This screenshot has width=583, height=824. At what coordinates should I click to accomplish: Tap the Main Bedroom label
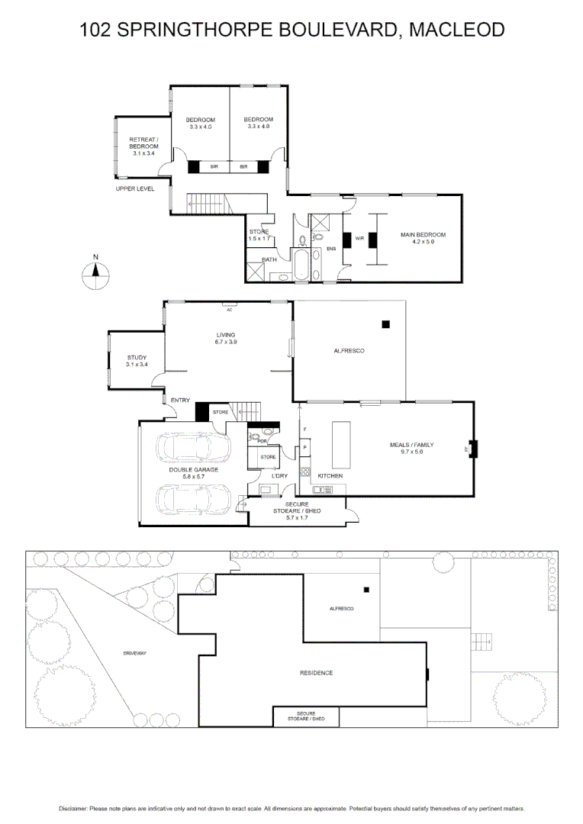(x=423, y=235)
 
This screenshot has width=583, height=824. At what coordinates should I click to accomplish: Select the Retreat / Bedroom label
(x=143, y=143)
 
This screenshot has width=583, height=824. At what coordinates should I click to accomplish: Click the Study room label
(x=136, y=358)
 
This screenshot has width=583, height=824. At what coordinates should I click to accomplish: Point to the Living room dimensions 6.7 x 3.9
(x=226, y=343)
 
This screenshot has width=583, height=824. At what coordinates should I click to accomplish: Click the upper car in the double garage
(x=194, y=447)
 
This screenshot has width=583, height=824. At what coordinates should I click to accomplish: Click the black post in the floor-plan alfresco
(x=386, y=324)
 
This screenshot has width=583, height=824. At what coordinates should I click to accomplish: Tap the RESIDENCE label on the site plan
(x=316, y=673)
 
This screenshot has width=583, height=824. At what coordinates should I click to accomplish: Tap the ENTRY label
(x=181, y=401)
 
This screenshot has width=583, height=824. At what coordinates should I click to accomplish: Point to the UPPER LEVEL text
(x=135, y=188)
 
